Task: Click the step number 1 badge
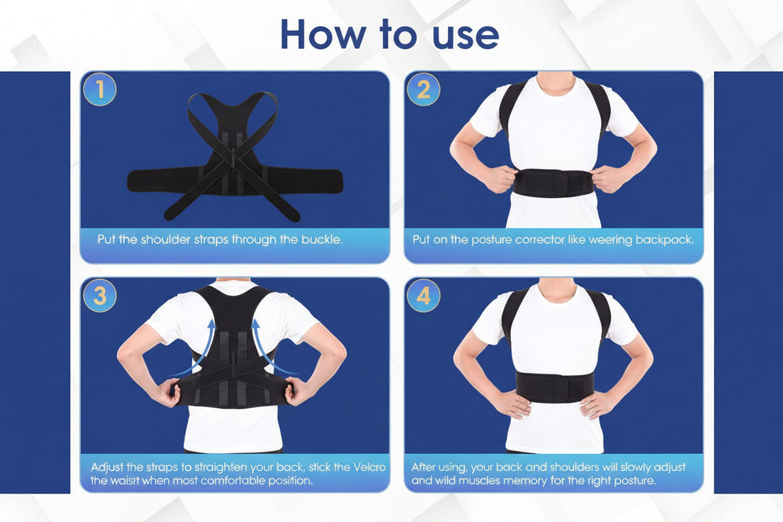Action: tap(99, 90)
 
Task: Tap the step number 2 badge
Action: tap(423, 90)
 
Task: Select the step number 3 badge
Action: tap(99, 296)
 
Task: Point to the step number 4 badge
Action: tap(423, 296)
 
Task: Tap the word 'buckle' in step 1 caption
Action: tap(321, 239)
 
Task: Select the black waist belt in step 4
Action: tap(554, 387)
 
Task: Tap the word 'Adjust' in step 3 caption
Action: tap(109, 467)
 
